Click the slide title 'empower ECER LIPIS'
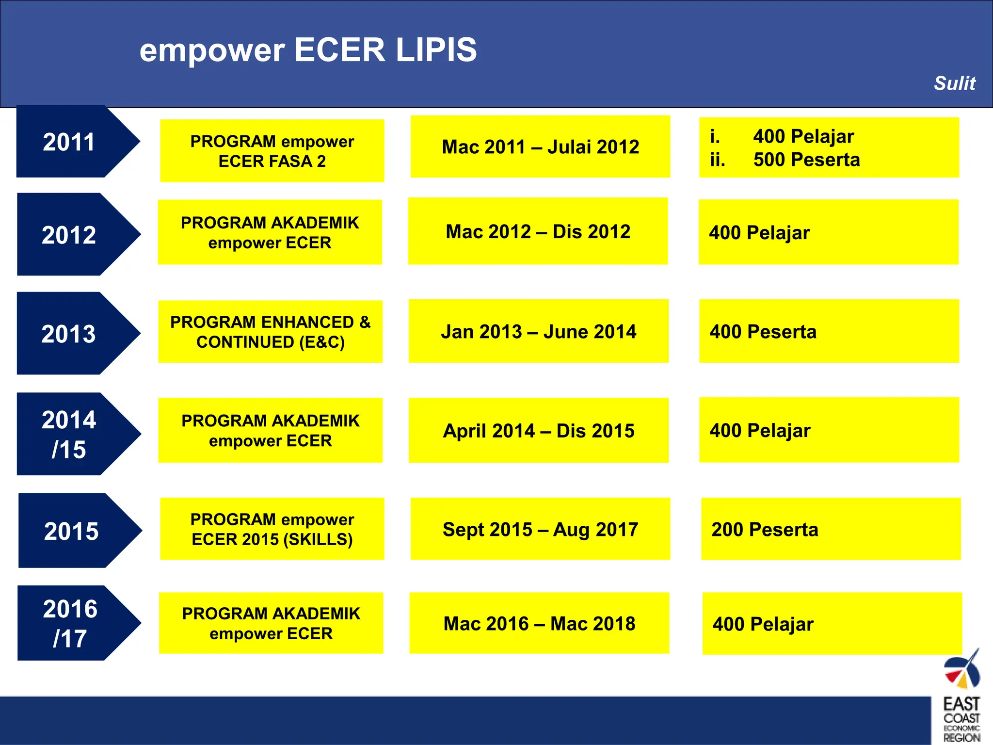pyautogui.click(x=308, y=50)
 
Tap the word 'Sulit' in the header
pyautogui.click(x=954, y=83)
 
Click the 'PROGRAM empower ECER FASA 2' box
pyautogui.click(x=272, y=151)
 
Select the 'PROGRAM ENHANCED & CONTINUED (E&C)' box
pyautogui.click(x=270, y=332)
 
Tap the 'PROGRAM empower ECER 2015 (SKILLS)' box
pyautogui.click(x=272, y=529)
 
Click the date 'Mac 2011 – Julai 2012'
pyautogui.click(x=540, y=147)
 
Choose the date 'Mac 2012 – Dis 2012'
pyautogui.click(x=538, y=232)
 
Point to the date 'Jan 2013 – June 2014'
pyautogui.click(x=538, y=332)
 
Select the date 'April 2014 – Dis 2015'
pyautogui.click(x=538, y=431)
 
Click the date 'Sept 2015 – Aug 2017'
pyautogui.click(x=540, y=529)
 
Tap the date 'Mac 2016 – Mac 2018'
pyautogui.click(x=539, y=624)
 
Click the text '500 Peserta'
pyautogui.click(x=806, y=160)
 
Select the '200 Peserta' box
pyautogui.click(x=831, y=529)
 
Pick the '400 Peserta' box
pyautogui.click(x=829, y=332)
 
